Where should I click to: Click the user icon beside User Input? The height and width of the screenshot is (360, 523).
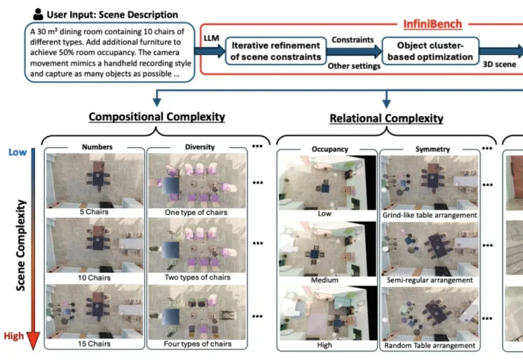tap(38, 14)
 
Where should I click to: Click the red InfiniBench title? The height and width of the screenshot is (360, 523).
tap(432, 24)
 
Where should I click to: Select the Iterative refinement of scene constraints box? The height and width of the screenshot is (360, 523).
tap(276, 51)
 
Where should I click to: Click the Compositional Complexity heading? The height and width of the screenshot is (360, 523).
tap(156, 117)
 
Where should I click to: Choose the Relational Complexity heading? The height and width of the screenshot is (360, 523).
tap(386, 118)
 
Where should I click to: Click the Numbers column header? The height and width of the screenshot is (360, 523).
tap(97, 147)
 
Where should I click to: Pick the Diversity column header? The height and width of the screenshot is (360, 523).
tap(200, 147)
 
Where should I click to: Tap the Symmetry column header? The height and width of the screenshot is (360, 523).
tap(432, 150)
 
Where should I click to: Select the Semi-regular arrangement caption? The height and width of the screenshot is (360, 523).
tap(430, 280)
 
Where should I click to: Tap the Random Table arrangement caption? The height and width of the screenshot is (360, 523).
tap(430, 345)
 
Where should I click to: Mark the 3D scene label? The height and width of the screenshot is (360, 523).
tap(499, 64)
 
